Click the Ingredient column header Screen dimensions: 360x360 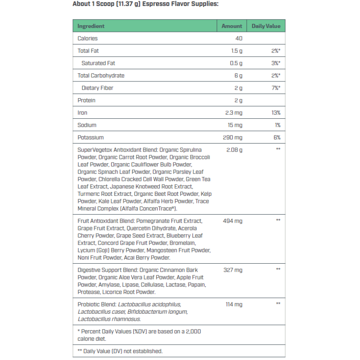[91, 26]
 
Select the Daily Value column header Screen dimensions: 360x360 [266, 26]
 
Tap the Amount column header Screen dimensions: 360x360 [232, 26]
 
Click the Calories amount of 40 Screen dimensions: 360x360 [238, 39]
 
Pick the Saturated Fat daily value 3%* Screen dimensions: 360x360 [276, 63]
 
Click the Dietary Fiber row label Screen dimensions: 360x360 [97, 88]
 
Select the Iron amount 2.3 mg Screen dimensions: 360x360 [234, 112]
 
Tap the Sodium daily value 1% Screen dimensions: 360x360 [277, 125]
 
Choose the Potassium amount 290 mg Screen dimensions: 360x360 [232, 137]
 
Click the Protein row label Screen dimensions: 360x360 [86, 100]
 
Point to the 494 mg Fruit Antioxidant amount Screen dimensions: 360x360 [233, 221]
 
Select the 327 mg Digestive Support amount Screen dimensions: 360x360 [233, 270]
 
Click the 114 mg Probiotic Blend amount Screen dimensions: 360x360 [234, 305]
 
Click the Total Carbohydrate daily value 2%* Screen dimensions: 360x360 [276, 76]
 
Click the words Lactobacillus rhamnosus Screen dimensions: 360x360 [109, 319]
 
